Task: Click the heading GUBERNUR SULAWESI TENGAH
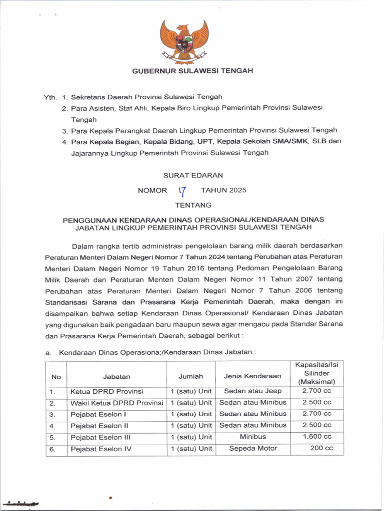point(192,71)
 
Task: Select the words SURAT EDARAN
point(193,176)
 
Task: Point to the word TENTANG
point(193,205)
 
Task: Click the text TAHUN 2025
point(223,190)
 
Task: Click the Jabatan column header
point(116,377)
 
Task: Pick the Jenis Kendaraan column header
point(252,376)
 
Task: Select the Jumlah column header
point(191,376)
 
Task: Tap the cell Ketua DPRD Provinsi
point(107,391)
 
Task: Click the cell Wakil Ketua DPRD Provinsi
point(117,403)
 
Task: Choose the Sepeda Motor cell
point(253,448)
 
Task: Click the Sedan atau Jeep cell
point(253,391)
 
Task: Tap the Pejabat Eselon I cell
point(98,414)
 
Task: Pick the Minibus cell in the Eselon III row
point(253,437)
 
